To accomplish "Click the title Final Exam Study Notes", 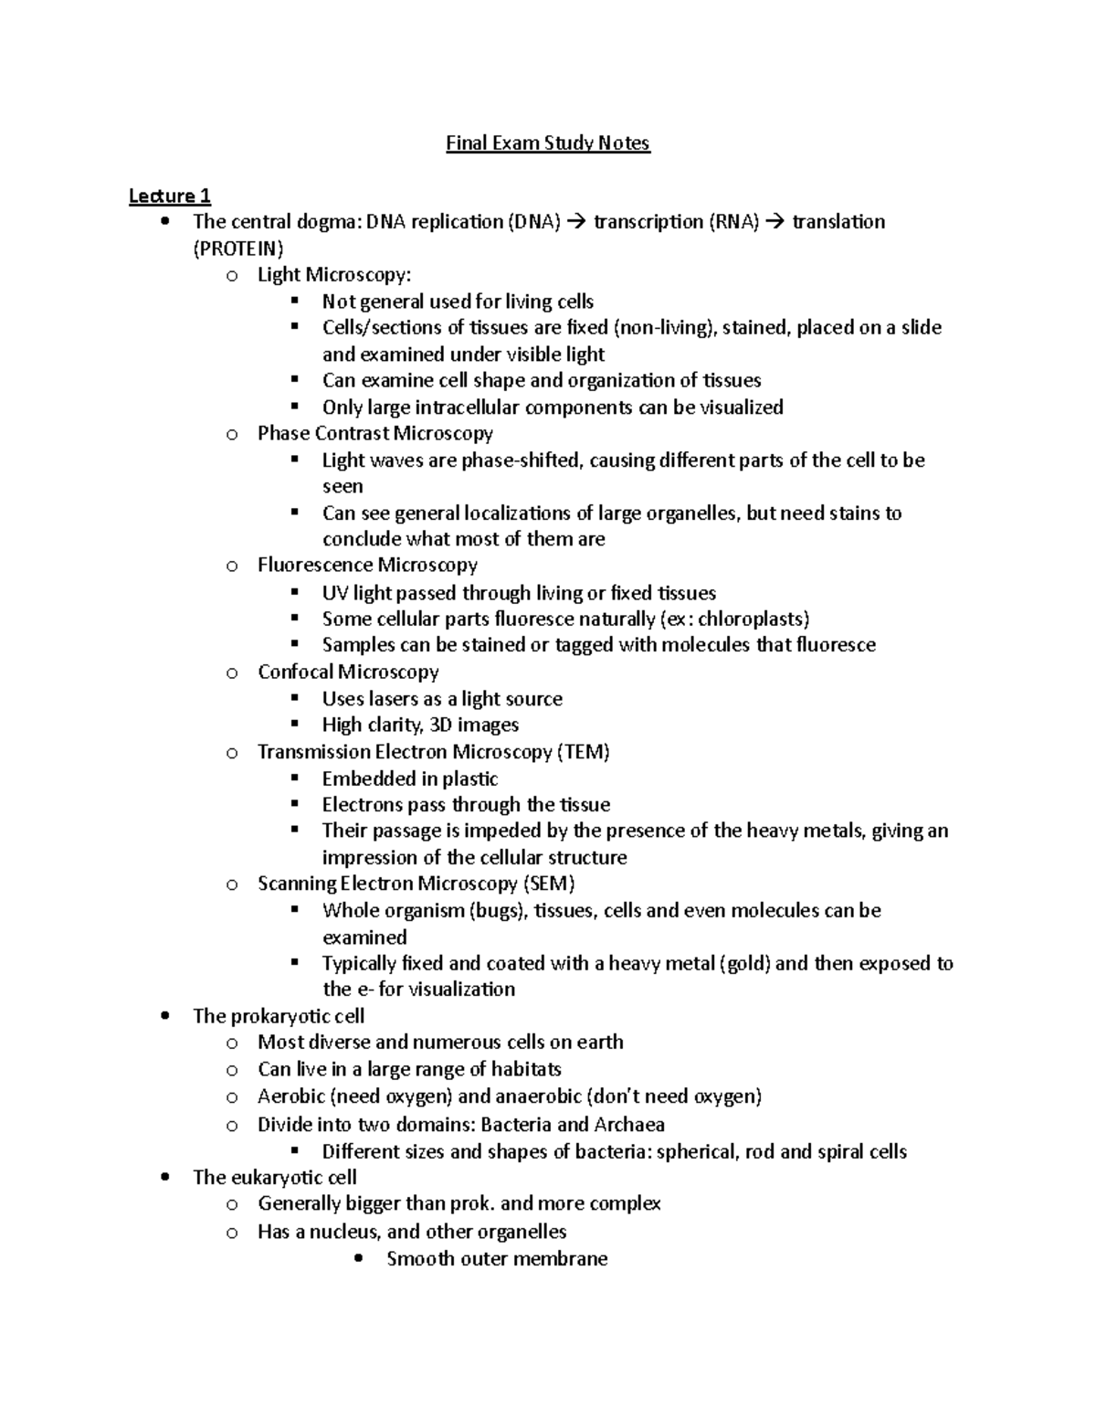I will point(547,143).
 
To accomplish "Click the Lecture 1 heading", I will point(170,196).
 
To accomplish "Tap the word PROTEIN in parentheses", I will point(238,249).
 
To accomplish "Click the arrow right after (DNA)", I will point(576,222).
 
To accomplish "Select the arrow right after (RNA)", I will point(775,222).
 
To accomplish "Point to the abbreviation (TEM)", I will point(583,752).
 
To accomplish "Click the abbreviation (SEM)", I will point(548,884).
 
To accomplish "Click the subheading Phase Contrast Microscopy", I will point(374,433).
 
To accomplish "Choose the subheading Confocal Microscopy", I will point(348,672).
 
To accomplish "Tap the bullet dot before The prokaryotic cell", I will point(163,1016).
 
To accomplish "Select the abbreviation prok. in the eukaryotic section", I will point(474,1203).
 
